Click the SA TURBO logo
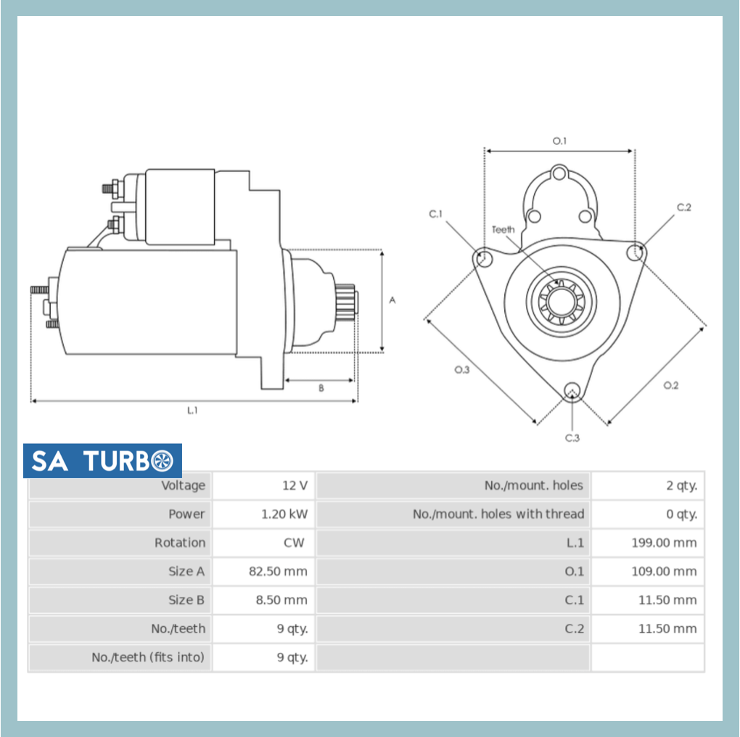click(102, 461)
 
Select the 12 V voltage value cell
click(295, 485)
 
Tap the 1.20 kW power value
click(284, 514)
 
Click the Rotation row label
click(179, 543)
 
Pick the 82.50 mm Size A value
click(278, 572)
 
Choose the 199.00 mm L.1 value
click(663, 543)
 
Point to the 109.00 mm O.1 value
click(663, 572)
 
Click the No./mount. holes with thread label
click(498, 514)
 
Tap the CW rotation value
click(294, 543)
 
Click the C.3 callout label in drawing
click(572, 438)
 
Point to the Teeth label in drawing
click(503, 230)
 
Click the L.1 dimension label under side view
click(192, 411)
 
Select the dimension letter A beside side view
click(392, 300)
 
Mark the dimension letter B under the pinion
click(321, 388)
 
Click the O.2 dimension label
click(670, 385)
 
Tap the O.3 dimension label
click(462, 370)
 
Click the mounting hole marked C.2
click(636, 252)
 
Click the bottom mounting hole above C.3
click(572, 390)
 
